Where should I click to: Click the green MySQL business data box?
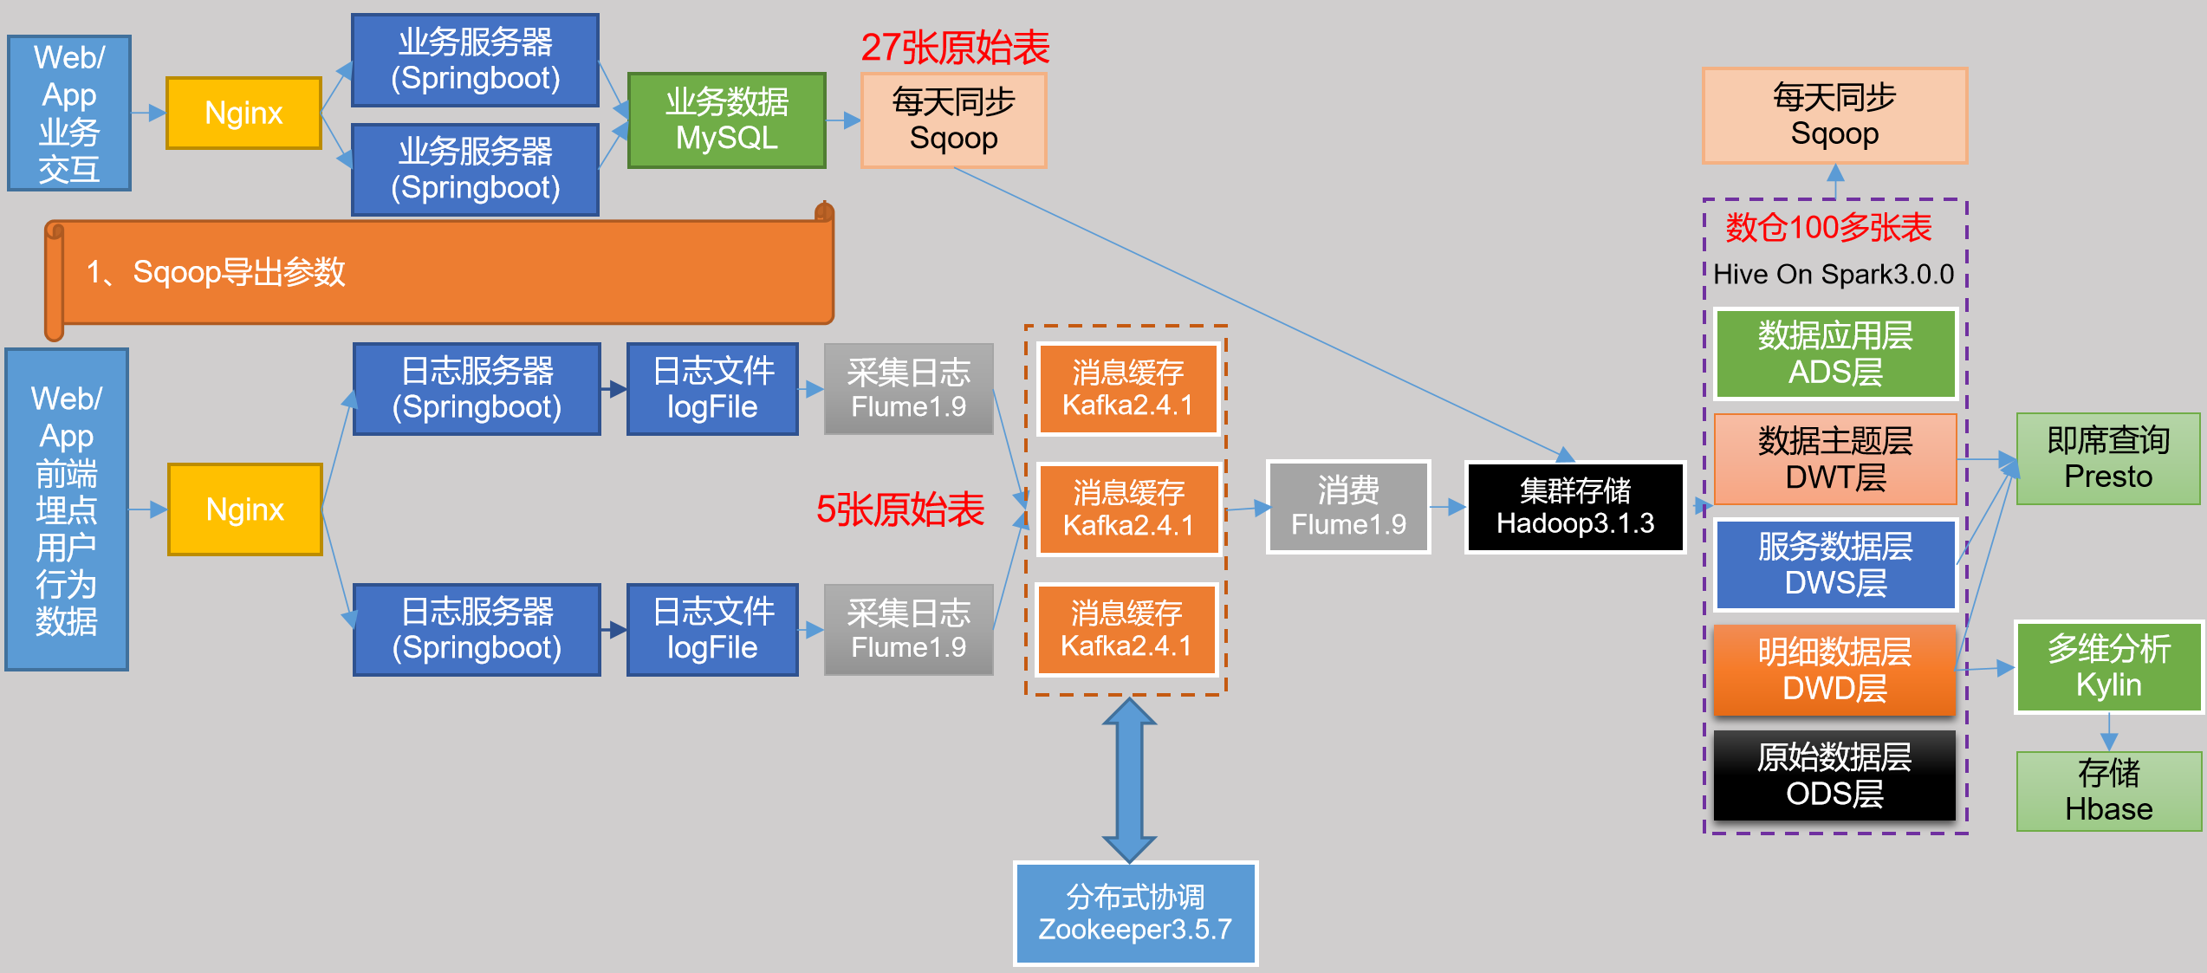(x=726, y=120)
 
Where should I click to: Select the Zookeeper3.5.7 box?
(x=1135, y=913)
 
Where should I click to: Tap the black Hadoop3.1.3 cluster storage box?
(x=1574, y=507)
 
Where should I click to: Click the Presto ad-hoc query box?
(x=2107, y=459)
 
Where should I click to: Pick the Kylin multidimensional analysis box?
(x=2108, y=667)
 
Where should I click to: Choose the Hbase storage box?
(x=2108, y=791)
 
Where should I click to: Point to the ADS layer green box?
(x=1835, y=354)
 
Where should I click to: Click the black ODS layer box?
(x=1834, y=775)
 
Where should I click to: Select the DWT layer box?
(x=1835, y=459)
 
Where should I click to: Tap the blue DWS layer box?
(x=1835, y=565)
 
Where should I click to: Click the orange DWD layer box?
(x=1834, y=670)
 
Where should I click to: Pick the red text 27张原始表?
(x=955, y=48)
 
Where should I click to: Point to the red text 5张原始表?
(x=899, y=509)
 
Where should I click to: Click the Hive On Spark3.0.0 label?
(x=1834, y=275)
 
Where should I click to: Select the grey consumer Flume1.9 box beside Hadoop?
(x=1348, y=507)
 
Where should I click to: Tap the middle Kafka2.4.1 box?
(x=1128, y=509)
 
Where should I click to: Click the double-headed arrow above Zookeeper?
(x=1129, y=780)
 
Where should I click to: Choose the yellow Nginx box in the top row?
(x=243, y=114)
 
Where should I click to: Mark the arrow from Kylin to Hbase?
(x=2109, y=732)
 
